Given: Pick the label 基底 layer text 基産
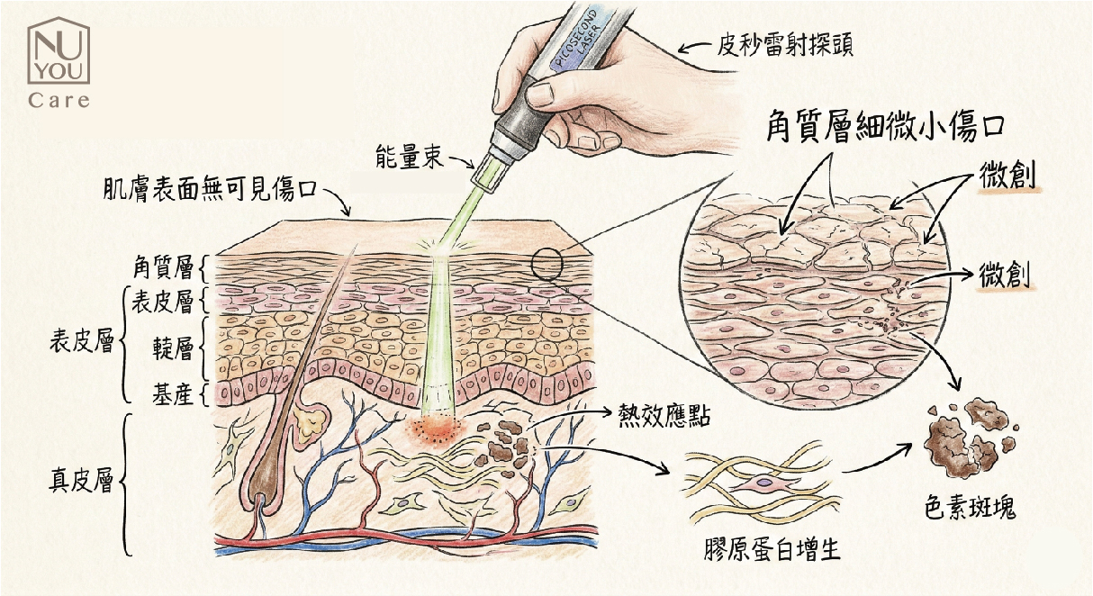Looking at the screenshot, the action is [171, 393].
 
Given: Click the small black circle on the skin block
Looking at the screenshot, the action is [546, 264].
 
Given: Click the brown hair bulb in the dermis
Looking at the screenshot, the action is [266, 482].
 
